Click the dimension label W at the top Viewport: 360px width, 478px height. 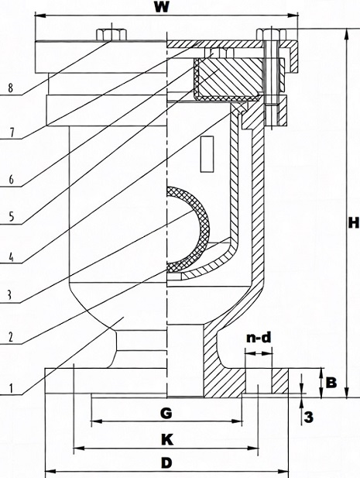(160, 9)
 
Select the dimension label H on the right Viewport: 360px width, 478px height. (352, 223)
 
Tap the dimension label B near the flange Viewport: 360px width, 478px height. (330, 382)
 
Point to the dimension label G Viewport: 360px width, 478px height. (165, 413)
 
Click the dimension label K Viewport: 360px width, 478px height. (165, 438)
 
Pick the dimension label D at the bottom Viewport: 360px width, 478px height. (165, 463)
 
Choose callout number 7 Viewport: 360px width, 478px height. (10, 132)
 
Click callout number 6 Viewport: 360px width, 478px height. (10, 177)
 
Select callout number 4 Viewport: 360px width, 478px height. (10, 256)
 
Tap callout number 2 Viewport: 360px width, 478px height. (10, 338)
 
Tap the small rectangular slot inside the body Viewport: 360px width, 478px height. (207, 153)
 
